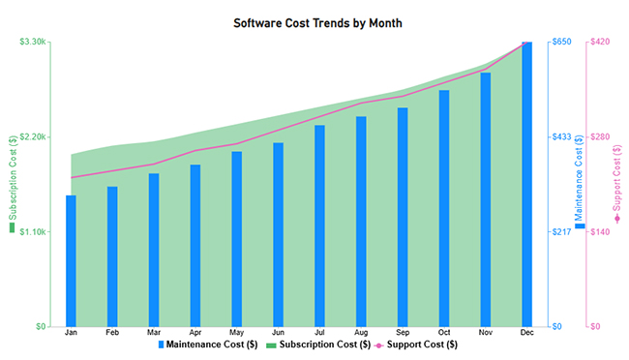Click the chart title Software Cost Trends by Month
click(x=317, y=22)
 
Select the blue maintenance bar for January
click(x=71, y=260)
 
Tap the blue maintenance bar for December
click(x=526, y=184)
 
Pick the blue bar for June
click(x=278, y=234)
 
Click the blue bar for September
click(x=403, y=217)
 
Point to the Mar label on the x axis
click(x=154, y=333)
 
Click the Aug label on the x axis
click(x=361, y=333)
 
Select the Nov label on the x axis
click(x=485, y=333)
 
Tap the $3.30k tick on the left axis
click(x=33, y=42)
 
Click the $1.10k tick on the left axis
click(x=33, y=231)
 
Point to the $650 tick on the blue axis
click(x=561, y=42)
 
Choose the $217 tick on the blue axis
click(x=561, y=231)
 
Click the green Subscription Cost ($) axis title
click(x=13, y=184)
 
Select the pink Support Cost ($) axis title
click(x=617, y=184)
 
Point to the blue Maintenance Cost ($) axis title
click(x=580, y=184)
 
